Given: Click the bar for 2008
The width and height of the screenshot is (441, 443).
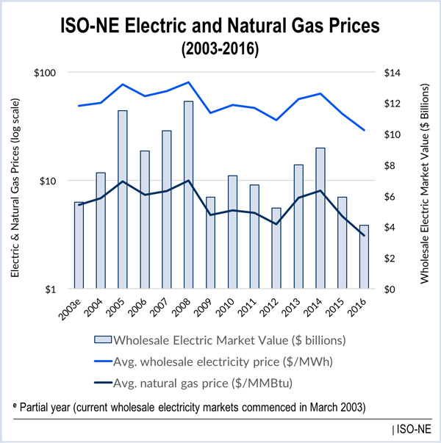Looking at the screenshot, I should (x=189, y=195).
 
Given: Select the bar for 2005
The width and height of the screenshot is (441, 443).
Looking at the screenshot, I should (x=123, y=199).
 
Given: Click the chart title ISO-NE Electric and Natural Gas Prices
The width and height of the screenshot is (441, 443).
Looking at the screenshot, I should (x=220, y=25).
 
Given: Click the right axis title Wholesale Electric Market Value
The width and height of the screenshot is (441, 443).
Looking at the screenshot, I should (x=424, y=181).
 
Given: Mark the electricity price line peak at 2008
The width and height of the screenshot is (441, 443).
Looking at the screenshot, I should (x=189, y=82).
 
